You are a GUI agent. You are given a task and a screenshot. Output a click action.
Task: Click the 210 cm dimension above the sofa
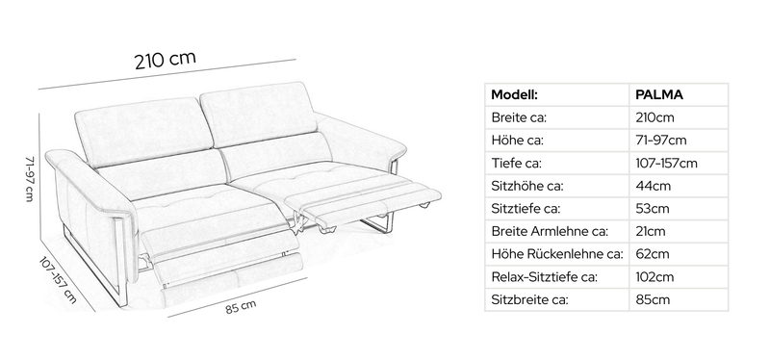(x=165, y=60)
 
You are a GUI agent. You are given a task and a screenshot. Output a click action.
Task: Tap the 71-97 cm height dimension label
(x=30, y=179)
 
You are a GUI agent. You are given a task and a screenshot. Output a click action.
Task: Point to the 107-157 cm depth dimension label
(x=58, y=280)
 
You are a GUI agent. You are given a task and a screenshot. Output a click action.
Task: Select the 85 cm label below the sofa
(x=241, y=307)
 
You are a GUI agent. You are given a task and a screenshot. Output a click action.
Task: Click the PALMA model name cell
(x=659, y=94)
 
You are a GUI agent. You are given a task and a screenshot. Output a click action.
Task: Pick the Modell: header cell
(x=514, y=94)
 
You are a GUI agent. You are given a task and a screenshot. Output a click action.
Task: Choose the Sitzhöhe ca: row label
(x=526, y=186)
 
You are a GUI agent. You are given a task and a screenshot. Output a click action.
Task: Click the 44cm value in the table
(x=654, y=186)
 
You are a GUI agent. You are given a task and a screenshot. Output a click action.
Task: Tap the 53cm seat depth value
(x=653, y=209)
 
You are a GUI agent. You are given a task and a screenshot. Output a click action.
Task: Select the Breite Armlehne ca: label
(x=550, y=231)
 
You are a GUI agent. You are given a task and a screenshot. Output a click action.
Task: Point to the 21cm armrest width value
(x=651, y=231)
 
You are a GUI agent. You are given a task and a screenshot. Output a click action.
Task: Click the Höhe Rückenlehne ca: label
(x=557, y=254)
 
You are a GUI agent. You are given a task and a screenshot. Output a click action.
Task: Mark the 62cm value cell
(x=653, y=254)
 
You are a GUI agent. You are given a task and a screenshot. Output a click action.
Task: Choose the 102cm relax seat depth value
(x=654, y=277)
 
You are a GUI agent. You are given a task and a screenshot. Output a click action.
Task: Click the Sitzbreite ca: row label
(x=529, y=299)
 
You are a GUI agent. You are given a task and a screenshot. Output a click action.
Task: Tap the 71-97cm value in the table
(x=661, y=141)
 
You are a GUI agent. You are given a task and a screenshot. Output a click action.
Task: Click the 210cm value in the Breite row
(x=654, y=117)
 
